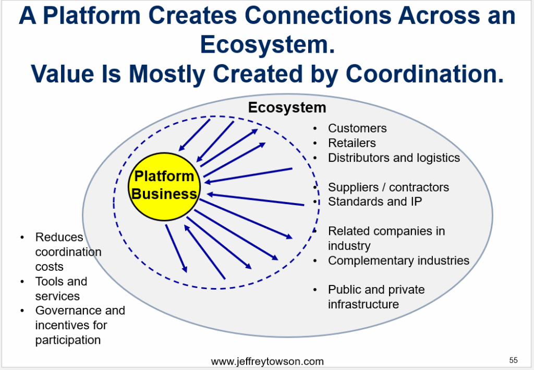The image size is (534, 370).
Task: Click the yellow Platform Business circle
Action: coord(164,186)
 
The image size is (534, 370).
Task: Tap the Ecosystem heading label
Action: coord(287,108)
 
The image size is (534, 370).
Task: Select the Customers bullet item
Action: coord(357,128)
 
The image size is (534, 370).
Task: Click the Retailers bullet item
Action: coord(352,143)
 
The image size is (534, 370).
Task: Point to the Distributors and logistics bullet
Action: coord(394,158)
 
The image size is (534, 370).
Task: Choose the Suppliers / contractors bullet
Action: coord(388,187)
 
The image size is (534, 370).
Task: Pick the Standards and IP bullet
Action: coord(375,201)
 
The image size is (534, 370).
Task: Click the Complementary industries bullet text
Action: coord(398,260)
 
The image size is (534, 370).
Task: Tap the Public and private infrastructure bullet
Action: coord(377,297)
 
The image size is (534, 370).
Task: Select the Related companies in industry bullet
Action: coord(386,238)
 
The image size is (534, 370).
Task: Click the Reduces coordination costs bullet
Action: coord(68,252)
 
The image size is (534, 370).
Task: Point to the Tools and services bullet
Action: coord(62,289)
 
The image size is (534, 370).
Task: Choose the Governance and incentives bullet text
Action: coord(80,325)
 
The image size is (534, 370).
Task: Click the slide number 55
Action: coord(513,360)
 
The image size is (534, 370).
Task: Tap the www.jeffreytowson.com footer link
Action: coord(267,361)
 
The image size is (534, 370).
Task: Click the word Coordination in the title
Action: coord(424,74)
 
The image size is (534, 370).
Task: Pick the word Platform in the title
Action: coord(92,15)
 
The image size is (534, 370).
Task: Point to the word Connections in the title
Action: coord(318,15)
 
